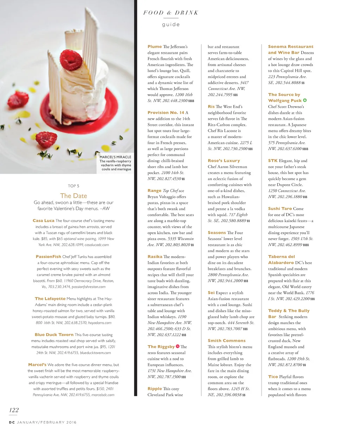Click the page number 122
pos(14,410)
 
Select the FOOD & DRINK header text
pos(171,13)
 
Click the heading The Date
pos(73,196)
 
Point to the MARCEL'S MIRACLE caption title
pos(115,157)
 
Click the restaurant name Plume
pos(155,47)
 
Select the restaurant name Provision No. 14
pos(166,113)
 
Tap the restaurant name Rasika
pos(155,257)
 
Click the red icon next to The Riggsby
pos(178,347)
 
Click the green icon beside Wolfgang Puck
pos(305,101)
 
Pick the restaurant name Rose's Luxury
pos(224,161)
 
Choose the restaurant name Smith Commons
pos(227,341)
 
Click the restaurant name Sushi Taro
pos(280,208)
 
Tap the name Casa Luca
pos(43,221)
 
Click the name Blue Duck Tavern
pos(54,335)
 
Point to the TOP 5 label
pos(73,186)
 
